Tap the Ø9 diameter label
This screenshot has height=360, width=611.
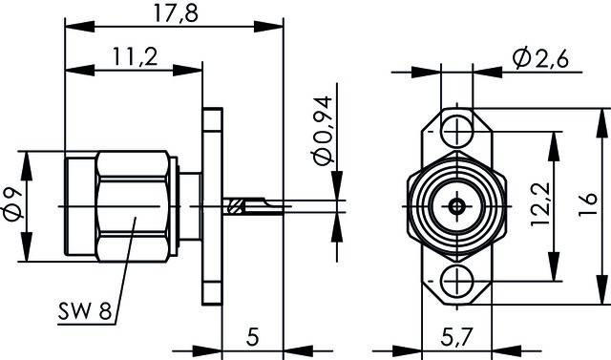coord(12,206)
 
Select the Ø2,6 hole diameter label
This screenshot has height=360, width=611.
coord(540,58)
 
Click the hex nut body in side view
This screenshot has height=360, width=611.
coord(134,205)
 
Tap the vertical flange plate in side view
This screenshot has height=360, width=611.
coord(211,205)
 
